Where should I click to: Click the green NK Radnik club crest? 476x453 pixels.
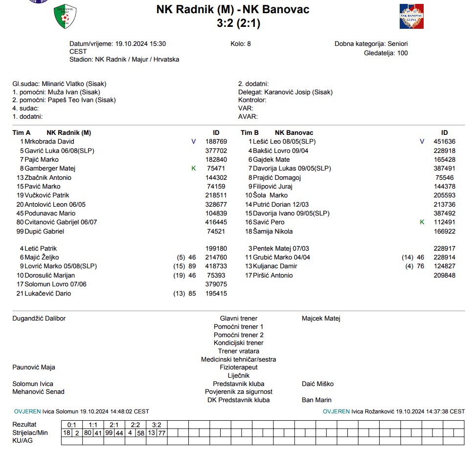[65, 16]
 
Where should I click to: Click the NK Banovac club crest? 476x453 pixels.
[411, 16]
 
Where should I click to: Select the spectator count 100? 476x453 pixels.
[402, 53]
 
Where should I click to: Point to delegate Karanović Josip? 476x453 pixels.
[288, 92]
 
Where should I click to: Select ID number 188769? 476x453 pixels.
[216, 142]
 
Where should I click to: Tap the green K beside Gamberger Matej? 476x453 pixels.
[193, 169]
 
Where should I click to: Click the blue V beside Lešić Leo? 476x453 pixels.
[422, 142]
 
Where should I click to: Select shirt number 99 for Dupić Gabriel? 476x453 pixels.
[20, 231]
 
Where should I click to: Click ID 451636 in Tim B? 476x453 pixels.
[444, 142]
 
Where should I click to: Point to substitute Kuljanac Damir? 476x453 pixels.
[275, 266]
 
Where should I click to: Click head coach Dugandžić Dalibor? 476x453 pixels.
[39, 319]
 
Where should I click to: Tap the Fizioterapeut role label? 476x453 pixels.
[239, 367]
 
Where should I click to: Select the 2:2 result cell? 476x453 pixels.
[136, 425]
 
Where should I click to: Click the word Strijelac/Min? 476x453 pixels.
[30, 433]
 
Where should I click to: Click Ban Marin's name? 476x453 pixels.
[317, 400]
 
